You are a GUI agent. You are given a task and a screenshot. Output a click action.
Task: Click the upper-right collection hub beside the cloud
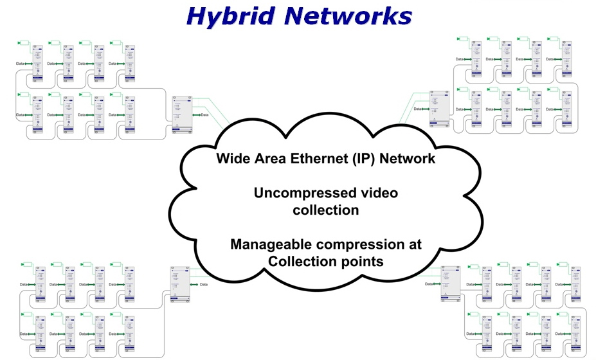(440, 108)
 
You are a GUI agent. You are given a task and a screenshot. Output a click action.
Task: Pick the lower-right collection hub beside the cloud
(450, 283)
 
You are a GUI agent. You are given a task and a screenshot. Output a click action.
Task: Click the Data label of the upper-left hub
(204, 115)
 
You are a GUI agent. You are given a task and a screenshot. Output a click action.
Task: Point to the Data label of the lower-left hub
(204, 284)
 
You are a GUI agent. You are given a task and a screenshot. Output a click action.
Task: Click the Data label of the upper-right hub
(417, 109)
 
